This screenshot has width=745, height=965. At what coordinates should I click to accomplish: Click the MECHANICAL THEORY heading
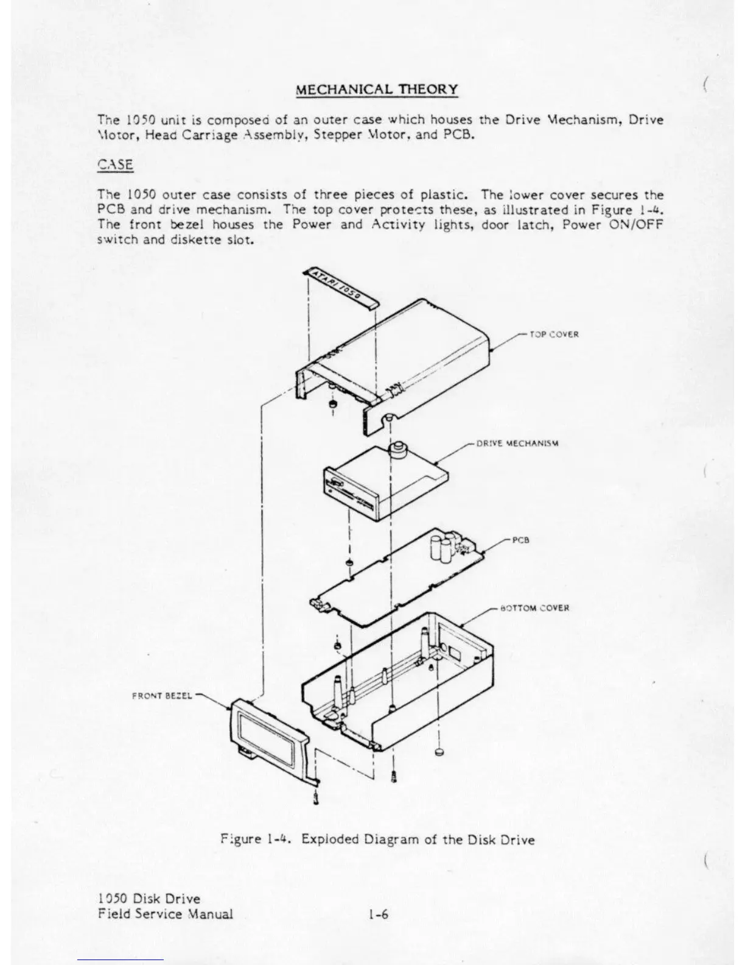[377, 90]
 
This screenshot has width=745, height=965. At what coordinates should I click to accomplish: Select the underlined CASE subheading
[115, 164]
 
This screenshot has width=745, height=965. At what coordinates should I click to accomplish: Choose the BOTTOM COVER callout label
[534, 608]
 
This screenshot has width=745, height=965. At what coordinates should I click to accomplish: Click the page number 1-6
[378, 914]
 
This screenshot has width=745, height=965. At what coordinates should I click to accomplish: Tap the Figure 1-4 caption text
[377, 840]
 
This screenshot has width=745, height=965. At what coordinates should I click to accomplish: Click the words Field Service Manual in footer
[165, 914]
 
